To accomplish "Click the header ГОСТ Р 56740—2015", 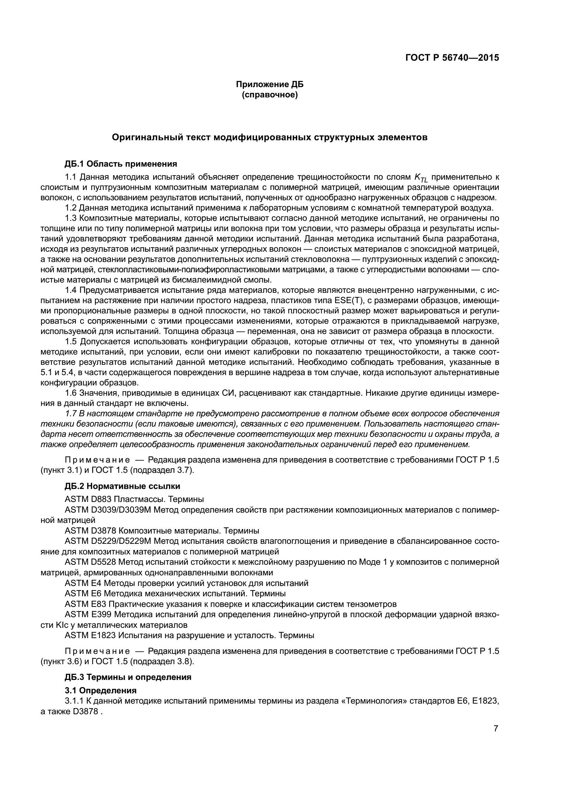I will point(452,58).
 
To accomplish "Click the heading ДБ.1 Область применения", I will point(121,164).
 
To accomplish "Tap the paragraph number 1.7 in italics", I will point(71,414).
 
